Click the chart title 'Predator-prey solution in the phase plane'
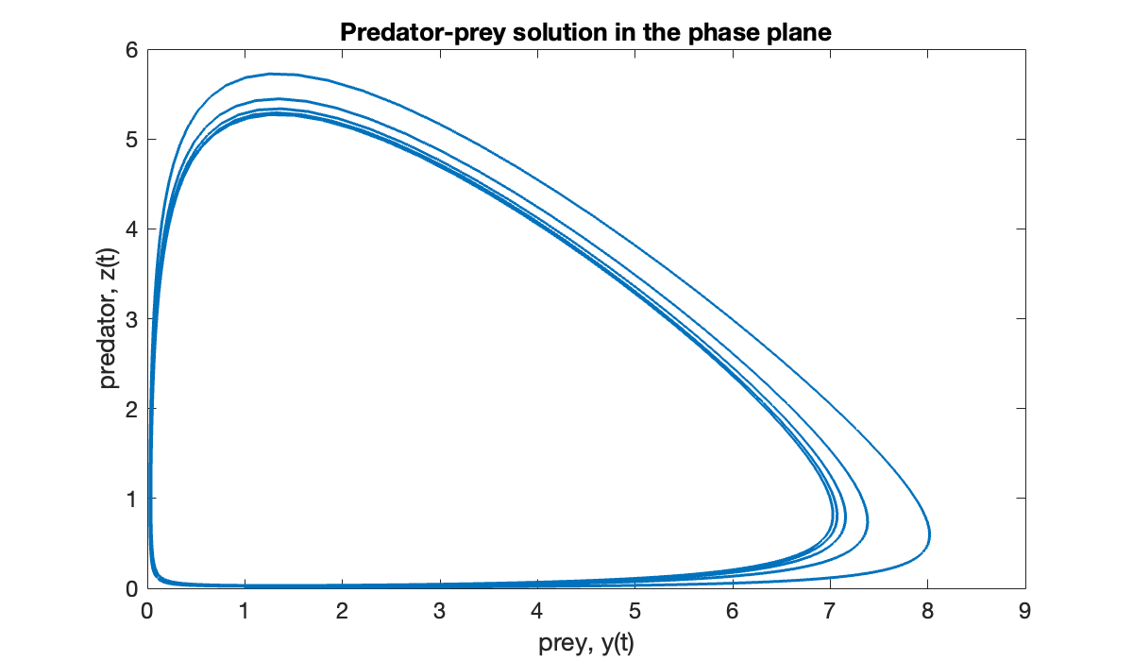pos(584,32)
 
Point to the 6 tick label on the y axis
pos(132,50)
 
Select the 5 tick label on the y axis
pos(132,140)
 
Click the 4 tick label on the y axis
pos(132,229)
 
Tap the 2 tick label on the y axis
pos(132,409)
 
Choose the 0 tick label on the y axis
pos(132,587)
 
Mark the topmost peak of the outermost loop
pos(272,74)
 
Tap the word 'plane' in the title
pos(801,32)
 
